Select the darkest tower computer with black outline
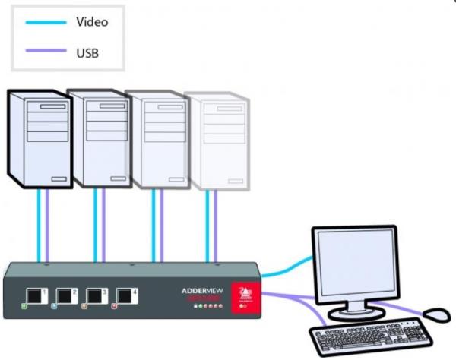39,140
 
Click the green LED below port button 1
24,308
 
